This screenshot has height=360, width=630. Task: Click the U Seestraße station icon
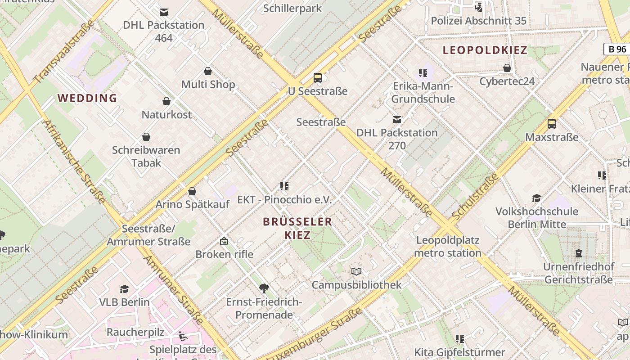point(318,77)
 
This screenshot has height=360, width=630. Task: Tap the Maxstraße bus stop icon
point(552,124)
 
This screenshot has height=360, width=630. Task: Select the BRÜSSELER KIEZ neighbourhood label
point(297,228)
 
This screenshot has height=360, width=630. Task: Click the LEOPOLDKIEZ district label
point(485,50)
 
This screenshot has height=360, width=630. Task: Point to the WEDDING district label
point(87,98)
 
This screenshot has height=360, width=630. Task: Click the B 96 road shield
point(616,49)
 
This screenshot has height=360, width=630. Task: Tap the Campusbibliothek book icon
point(356,271)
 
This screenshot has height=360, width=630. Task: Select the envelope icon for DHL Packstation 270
point(397,120)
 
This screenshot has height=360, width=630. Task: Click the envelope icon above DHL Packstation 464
point(164,12)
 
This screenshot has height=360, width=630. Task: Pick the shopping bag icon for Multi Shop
point(208,71)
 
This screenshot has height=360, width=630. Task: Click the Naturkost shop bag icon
point(166,101)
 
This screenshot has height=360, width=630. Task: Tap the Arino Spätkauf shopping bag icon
point(192,191)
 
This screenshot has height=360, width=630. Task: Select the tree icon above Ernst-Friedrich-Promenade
point(264,288)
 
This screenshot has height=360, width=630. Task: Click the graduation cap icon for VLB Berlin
point(124,289)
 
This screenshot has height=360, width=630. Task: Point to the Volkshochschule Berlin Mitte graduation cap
point(536,198)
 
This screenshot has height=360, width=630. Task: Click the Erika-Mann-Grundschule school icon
point(423,72)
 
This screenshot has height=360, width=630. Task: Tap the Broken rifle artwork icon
point(224,241)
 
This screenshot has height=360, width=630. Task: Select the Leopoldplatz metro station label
point(447,246)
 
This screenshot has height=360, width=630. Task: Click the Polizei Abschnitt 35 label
point(478,21)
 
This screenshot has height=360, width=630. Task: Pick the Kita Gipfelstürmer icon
point(459,338)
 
